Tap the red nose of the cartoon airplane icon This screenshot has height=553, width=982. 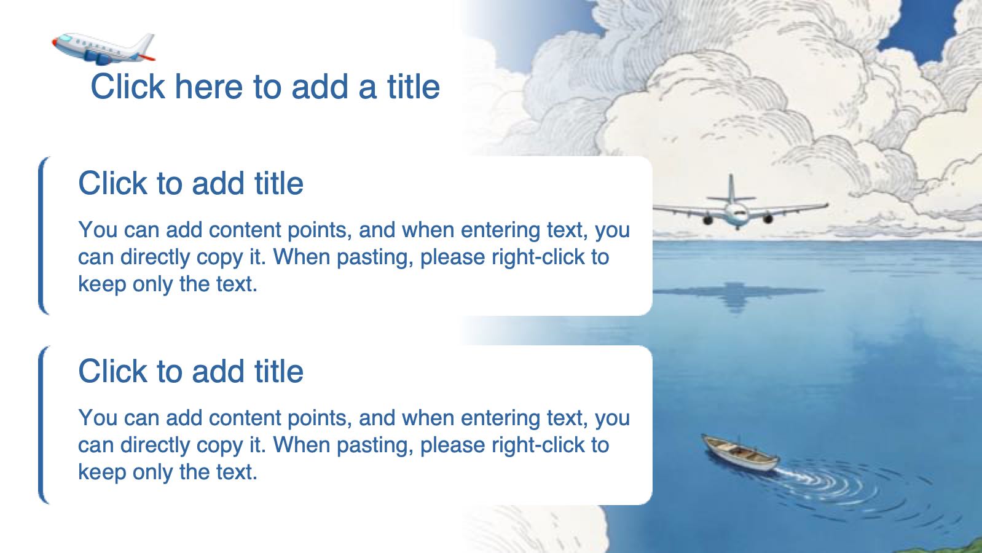click(x=54, y=42)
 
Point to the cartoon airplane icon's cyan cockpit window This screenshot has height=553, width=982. click(x=65, y=39)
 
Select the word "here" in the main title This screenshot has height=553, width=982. click(x=209, y=86)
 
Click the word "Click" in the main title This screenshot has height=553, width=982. click(x=128, y=86)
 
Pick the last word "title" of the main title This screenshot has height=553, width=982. click(x=414, y=86)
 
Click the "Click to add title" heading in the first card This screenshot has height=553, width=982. click(x=191, y=183)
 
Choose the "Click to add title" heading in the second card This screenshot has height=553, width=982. click(x=191, y=371)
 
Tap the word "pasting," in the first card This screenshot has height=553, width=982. click(x=375, y=257)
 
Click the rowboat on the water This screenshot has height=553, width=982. click(x=740, y=453)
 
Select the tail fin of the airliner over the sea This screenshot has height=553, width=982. click(x=731, y=189)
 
